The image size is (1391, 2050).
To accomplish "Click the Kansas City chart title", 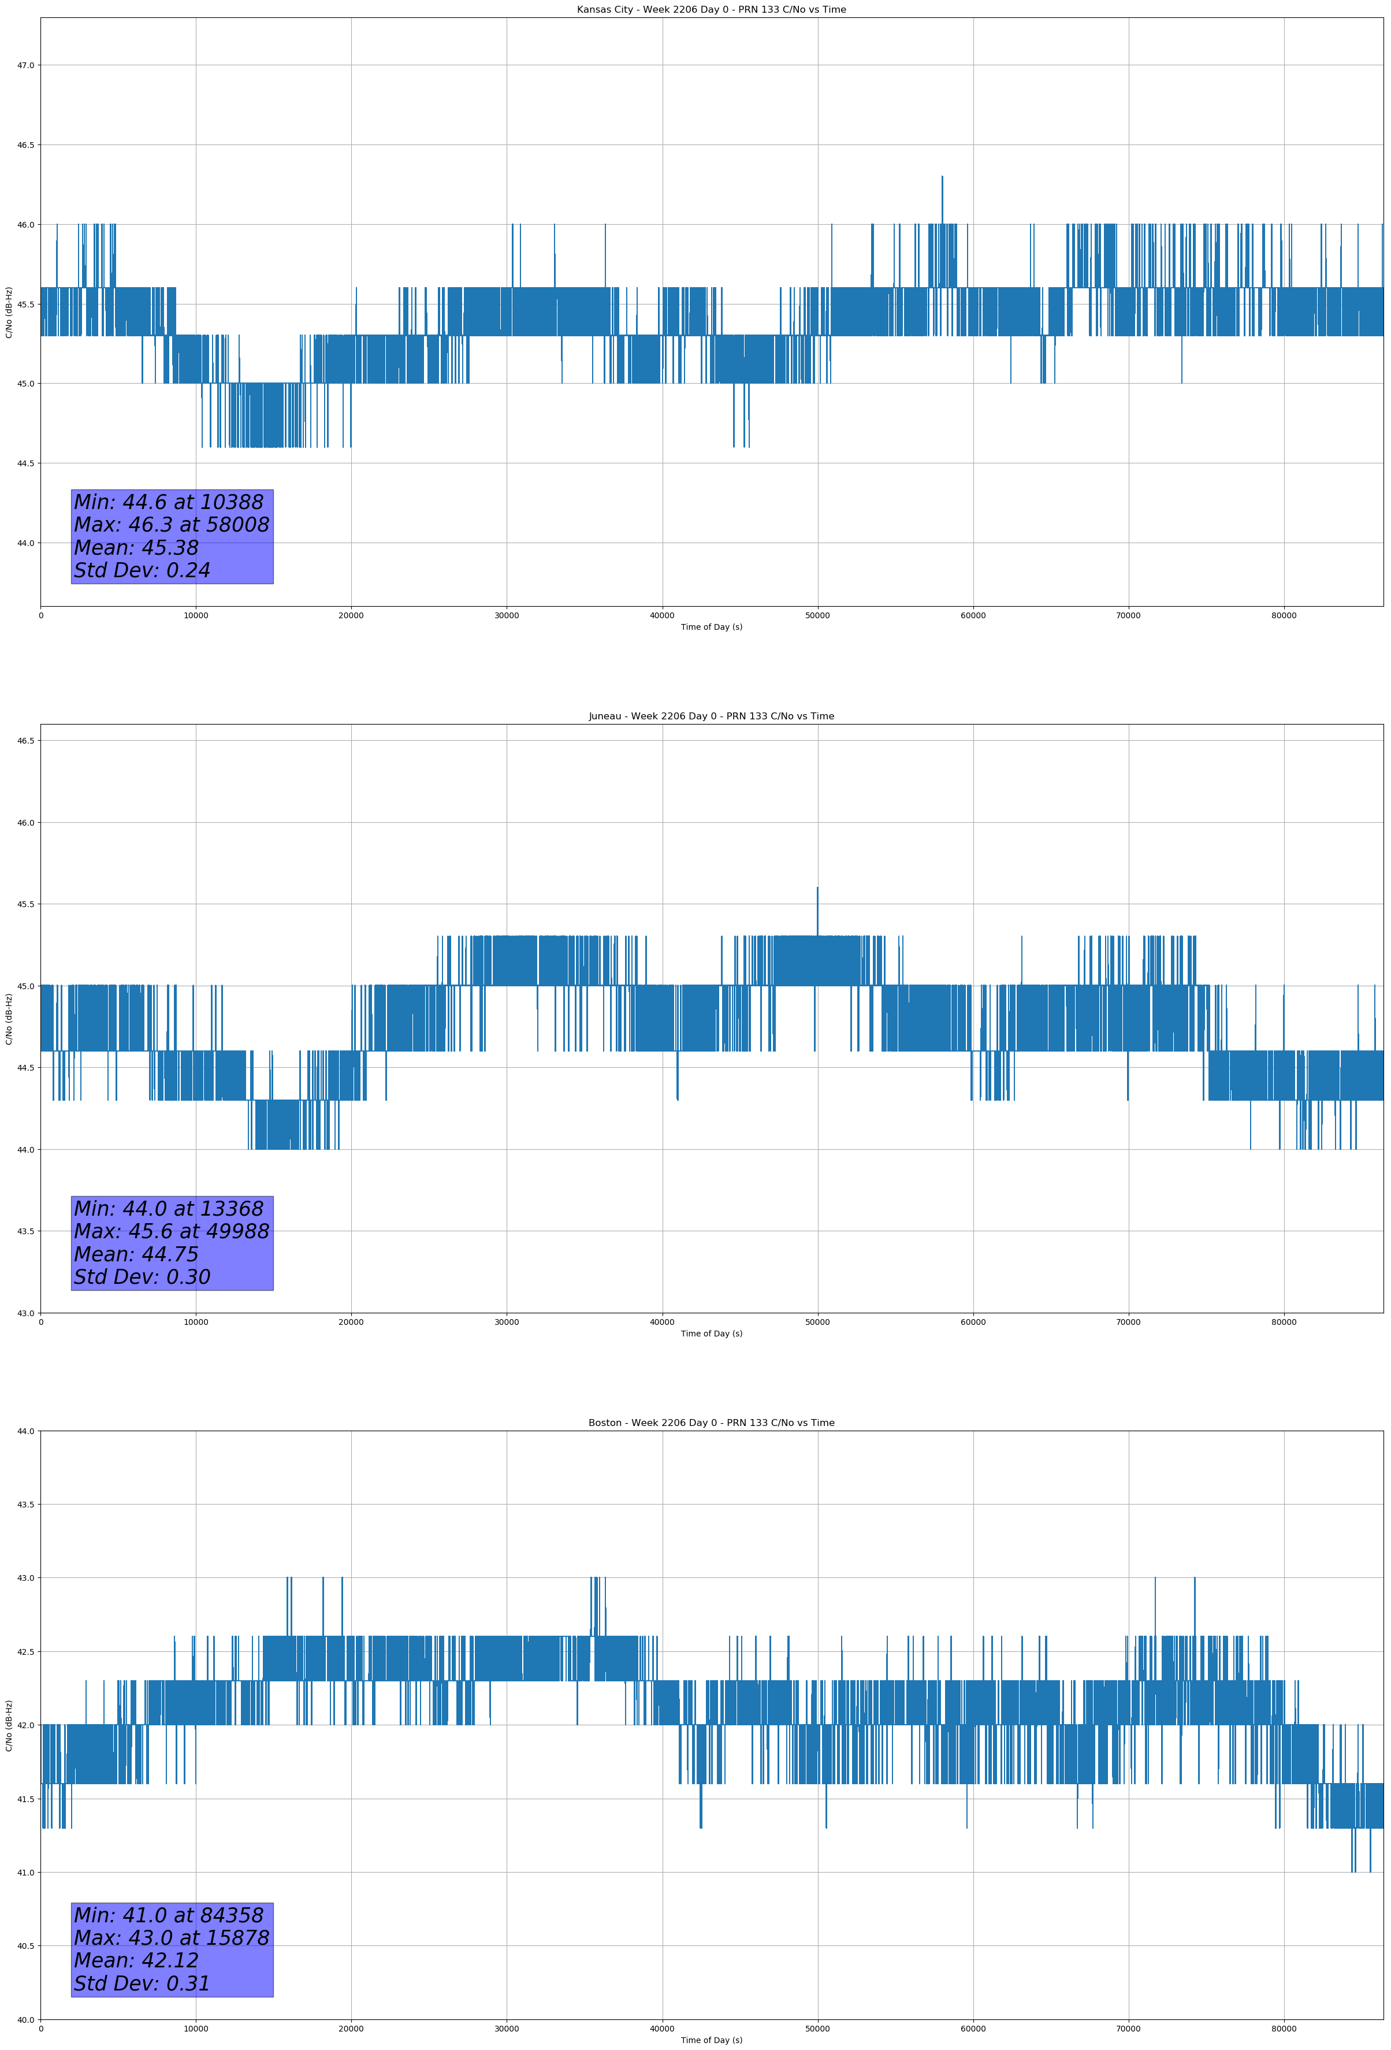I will click(x=711, y=10).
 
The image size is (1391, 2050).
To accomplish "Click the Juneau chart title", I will click(x=711, y=716).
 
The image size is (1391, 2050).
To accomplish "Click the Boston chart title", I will click(x=711, y=1423).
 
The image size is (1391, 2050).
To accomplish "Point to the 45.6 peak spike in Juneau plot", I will click(x=817, y=890).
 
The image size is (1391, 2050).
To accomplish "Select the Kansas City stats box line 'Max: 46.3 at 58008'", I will click(x=171, y=525).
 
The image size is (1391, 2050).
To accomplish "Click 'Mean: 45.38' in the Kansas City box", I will click(x=136, y=548).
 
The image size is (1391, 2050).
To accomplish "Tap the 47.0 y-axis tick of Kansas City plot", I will click(x=25, y=65).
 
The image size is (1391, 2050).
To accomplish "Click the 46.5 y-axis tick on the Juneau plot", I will click(x=25, y=741).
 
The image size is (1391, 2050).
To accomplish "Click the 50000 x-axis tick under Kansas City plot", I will click(x=817, y=616).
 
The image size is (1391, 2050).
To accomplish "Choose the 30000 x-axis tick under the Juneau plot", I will click(x=506, y=1322).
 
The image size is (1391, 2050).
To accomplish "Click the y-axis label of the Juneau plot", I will click(x=9, y=1019).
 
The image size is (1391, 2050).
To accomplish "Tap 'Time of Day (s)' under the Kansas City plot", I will click(x=711, y=627).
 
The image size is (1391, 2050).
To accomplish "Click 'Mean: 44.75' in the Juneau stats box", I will click(x=136, y=1254).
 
